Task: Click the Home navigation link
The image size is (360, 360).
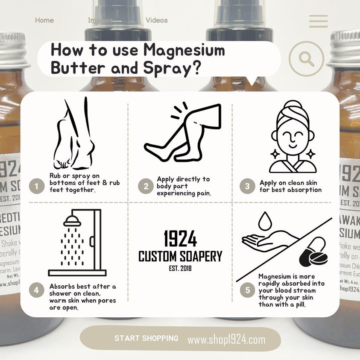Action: tap(44, 20)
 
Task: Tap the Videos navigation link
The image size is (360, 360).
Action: tap(156, 20)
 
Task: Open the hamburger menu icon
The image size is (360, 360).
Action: tap(318, 21)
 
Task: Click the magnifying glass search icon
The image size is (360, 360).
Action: tap(306, 59)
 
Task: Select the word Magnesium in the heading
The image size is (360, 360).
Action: tap(184, 50)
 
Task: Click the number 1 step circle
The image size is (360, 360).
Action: tap(37, 186)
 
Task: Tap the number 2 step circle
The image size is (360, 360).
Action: tap(146, 186)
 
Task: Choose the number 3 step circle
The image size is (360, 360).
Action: tap(247, 186)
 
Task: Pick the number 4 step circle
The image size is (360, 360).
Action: tap(37, 290)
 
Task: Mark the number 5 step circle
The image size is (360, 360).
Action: tap(247, 290)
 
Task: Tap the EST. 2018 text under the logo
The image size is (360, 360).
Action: tap(180, 268)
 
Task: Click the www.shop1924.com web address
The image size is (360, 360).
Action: tap(226, 340)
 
